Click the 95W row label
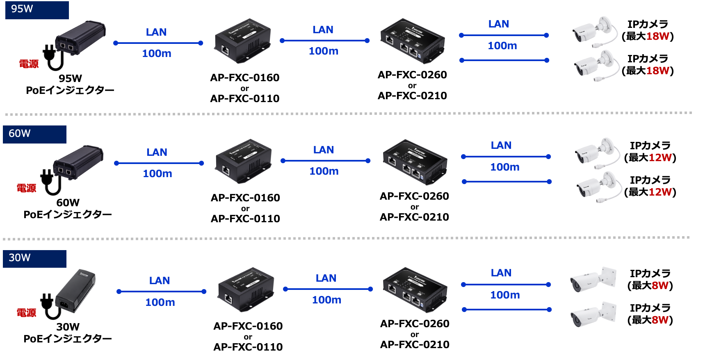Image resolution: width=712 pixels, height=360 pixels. coord(37,10)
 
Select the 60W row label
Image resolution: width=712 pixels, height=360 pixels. coord(34,134)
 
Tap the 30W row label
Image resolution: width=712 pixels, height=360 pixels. coord(34,259)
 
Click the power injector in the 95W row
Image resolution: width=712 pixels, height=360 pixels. coord(80,38)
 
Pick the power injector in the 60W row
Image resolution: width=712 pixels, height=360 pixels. coord(78,162)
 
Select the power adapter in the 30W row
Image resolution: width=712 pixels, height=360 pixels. coord(75,291)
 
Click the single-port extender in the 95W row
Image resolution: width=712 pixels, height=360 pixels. coord(243,41)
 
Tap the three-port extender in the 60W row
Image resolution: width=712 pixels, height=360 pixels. coord(415,162)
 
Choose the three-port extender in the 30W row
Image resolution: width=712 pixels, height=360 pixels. coord(415,290)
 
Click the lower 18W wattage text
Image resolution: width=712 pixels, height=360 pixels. coord(657,71)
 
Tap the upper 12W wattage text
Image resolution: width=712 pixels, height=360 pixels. coord(660,157)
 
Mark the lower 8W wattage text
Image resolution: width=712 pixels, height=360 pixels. coord(660,320)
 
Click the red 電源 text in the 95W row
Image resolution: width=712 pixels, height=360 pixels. coord(29,64)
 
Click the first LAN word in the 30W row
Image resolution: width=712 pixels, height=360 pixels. coord(160,281)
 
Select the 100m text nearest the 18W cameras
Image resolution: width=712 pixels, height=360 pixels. coord(502,46)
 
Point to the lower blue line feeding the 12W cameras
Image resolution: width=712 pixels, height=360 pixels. coord(507,182)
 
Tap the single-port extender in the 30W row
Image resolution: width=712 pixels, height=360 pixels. coord(246,289)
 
